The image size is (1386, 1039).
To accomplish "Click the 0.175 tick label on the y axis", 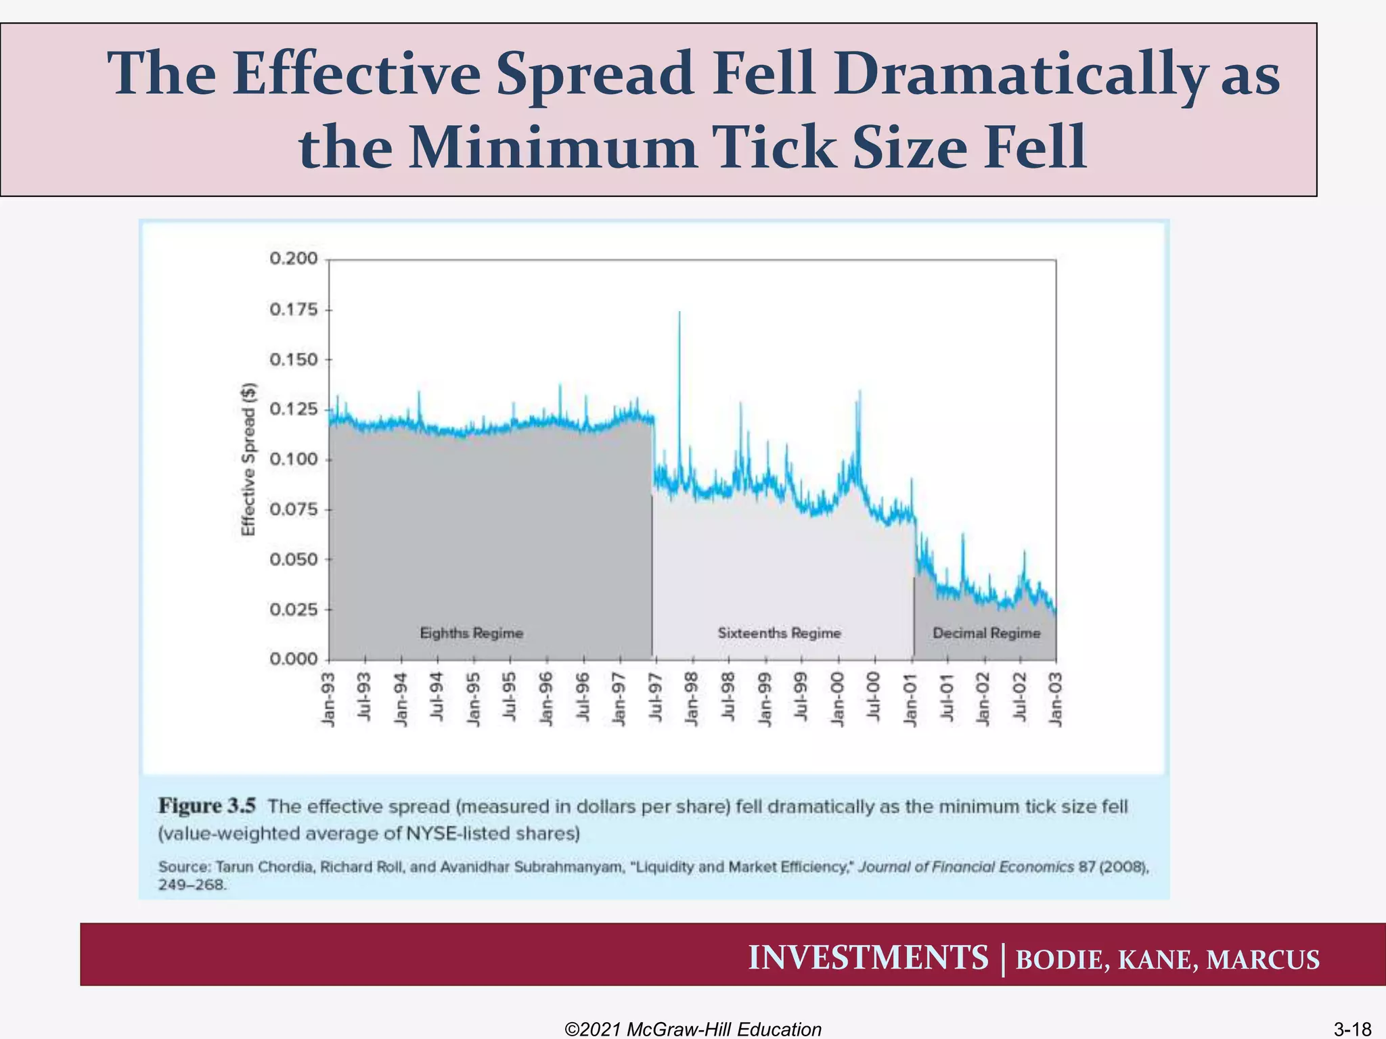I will pyautogui.click(x=293, y=310).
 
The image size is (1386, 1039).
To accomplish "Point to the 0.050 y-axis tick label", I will pyautogui.click(x=293, y=559).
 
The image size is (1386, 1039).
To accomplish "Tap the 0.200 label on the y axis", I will pyautogui.click(x=293, y=258).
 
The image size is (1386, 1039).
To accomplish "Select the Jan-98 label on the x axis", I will pyautogui.click(x=692, y=699).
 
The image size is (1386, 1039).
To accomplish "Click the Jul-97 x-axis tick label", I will pyautogui.click(x=655, y=698).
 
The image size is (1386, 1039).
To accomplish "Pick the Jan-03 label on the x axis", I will pyautogui.click(x=1056, y=699).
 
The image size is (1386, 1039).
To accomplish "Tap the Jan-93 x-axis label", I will pyautogui.click(x=328, y=699).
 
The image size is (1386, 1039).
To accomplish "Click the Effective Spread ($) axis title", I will pyautogui.click(x=249, y=459).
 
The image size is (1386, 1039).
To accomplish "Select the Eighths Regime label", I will pyautogui.click(x=472, y=633).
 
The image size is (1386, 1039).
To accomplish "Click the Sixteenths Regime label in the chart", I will pyautogui.click(x=779, y=633).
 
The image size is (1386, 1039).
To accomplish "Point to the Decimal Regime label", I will pyautogui.click(x=986, y=633).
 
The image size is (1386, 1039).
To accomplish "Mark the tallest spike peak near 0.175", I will pyautogui.click(x=679, y=313).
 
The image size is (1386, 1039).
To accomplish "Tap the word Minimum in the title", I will pyautogui.click(x=553, y=147).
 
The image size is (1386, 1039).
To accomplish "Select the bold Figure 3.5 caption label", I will pyautogui.click(x=207, y=806).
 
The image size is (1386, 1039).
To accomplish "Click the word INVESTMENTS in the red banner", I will pyautogui.click(x=868, y=958).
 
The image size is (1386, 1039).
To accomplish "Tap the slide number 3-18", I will pyautogui.click(x=1351, y=1029).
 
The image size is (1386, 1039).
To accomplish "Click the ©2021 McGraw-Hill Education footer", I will pyautogui.click(x=693, y=1029).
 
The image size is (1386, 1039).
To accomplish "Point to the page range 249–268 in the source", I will pyautogui.click(x=192, y=884).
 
